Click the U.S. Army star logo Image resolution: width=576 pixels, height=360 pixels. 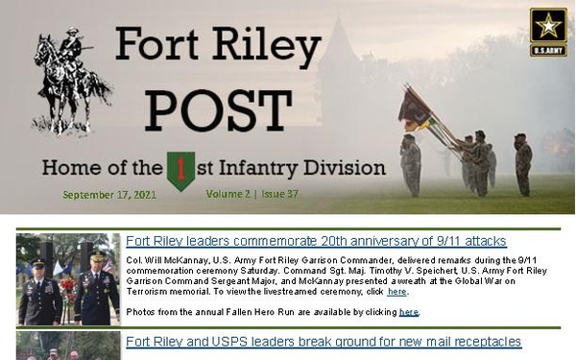[x=547, y=32]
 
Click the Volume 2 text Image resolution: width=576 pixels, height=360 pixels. [x=228, y=193]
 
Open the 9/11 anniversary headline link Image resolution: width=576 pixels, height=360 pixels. [x=316, y=241]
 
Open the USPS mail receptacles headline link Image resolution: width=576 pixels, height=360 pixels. [x=324, y=341]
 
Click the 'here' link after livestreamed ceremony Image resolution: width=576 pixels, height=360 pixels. [x=396, y=291]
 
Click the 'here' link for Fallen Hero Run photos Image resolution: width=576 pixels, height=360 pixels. [x=408, y=312]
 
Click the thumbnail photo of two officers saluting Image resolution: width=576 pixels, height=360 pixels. [x=67, y=279]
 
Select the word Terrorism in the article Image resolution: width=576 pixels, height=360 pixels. [x=149, y=291]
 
